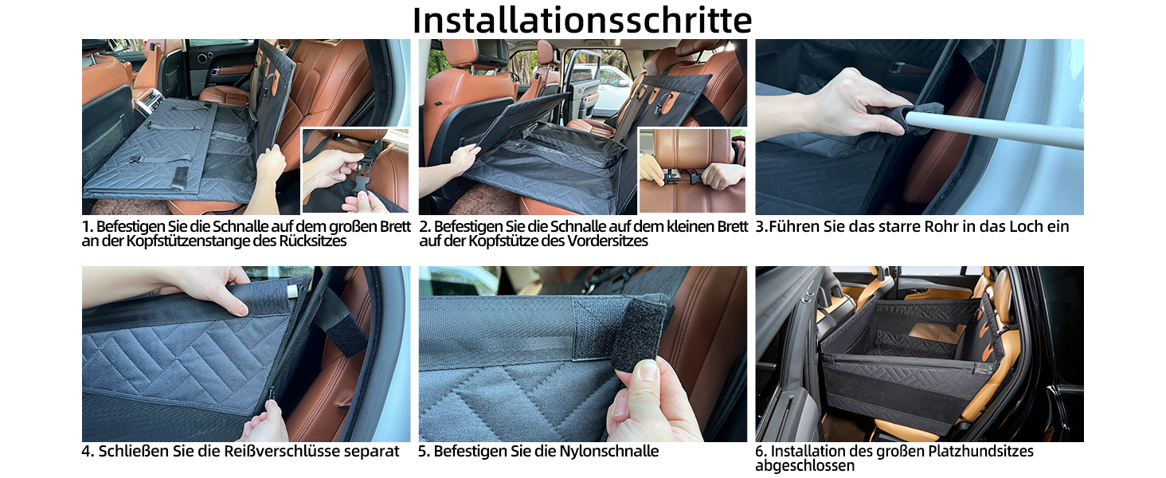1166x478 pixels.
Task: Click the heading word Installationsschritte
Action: point(582,20)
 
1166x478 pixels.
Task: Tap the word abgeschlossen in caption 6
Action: point(804,465)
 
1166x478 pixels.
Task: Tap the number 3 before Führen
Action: point(760,226)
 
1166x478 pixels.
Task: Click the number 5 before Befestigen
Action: point(422,452)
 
